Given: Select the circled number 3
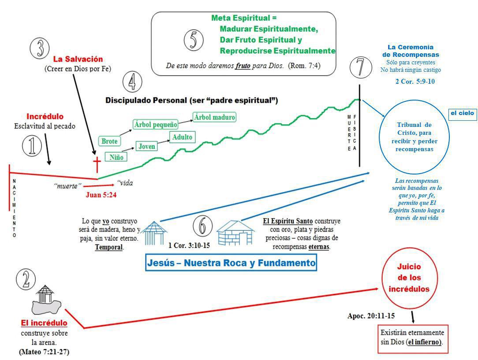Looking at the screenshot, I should point(40,48).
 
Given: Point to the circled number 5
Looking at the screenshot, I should point(194,41).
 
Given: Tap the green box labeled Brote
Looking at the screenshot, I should point(109,141).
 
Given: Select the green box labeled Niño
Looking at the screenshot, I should point(116,157).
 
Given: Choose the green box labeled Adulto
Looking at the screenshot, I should point(182,137).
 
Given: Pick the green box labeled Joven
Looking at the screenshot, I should point(147,146).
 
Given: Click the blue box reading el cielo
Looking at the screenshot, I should point(462,113).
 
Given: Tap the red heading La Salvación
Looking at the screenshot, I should point(78,59).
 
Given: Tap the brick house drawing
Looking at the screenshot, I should point(235,232).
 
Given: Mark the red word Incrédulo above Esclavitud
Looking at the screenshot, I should point(45,117).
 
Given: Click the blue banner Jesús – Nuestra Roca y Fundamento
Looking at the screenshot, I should point(231,264).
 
